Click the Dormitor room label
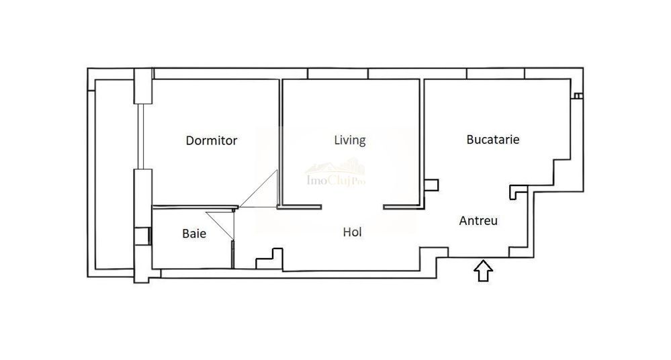(212, 141)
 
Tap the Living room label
(349, 140)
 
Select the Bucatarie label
(494, 140)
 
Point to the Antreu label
(478, 220)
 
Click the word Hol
(353, 232)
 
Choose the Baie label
(194, 234)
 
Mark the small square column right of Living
(431, 184)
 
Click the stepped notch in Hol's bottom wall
(269, 257)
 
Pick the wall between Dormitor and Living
(281, 141)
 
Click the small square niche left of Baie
(142, 236)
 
